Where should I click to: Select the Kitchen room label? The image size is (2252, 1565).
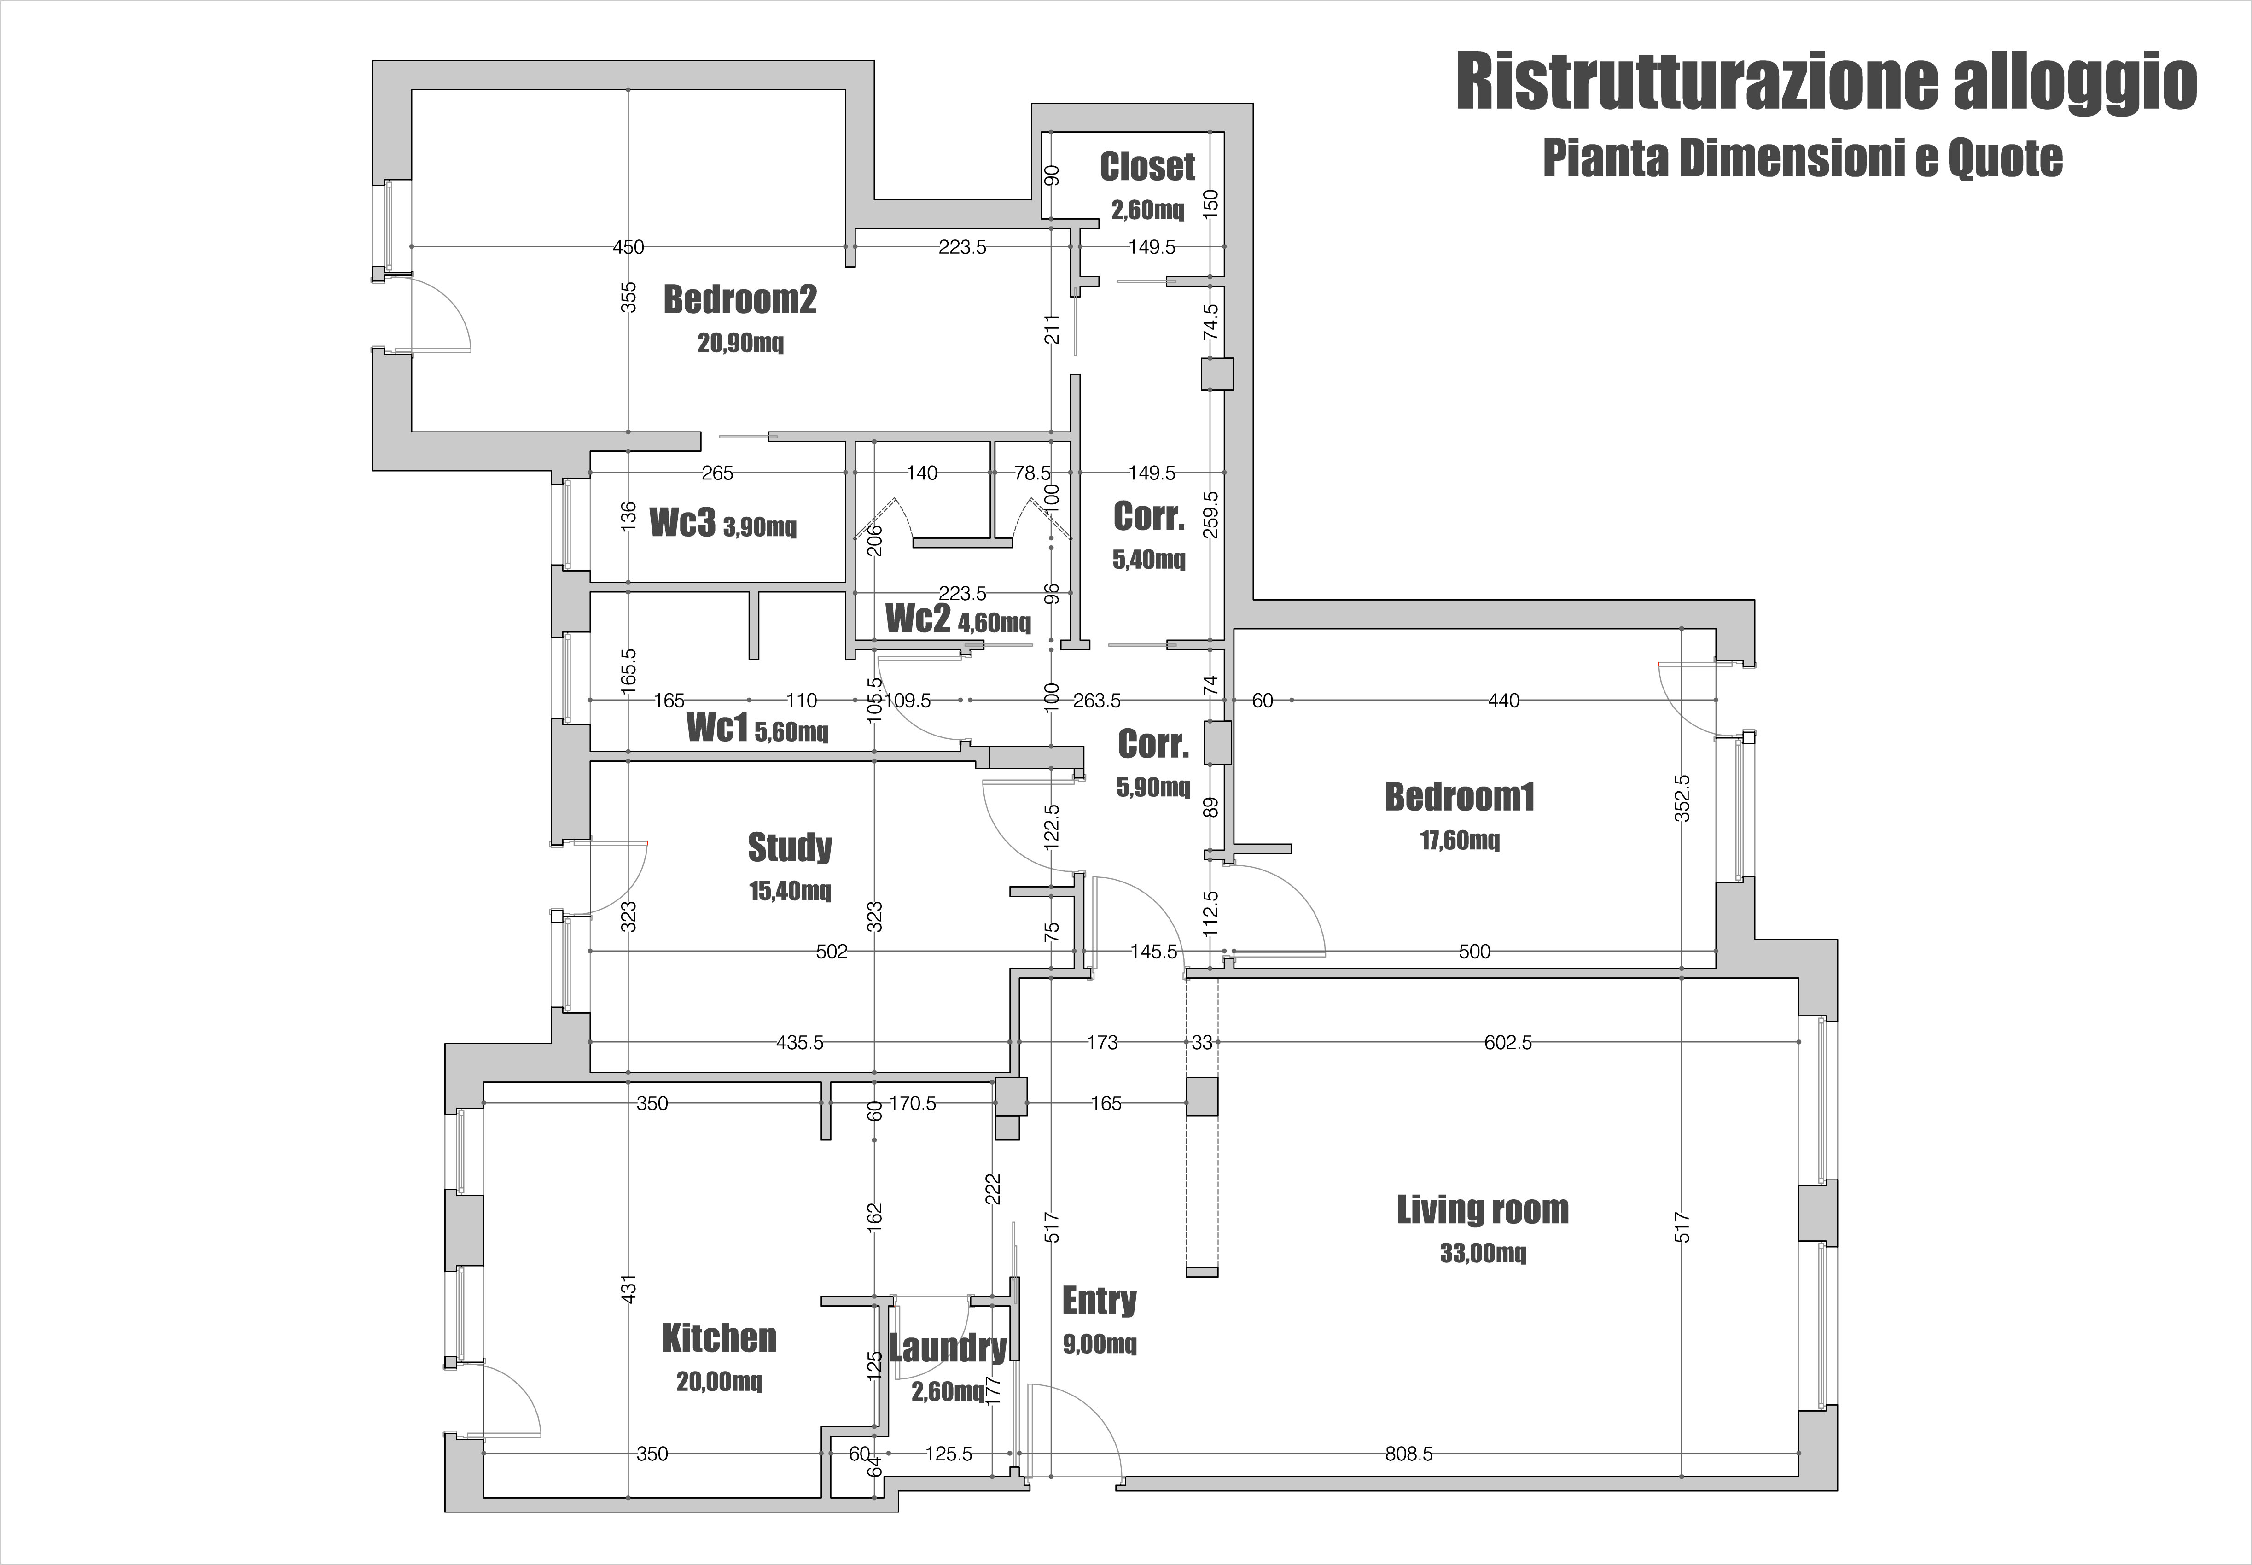pyautogui.click(x=719, y=1338)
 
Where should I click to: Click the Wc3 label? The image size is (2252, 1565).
pyautogui.click(x=682, y=523)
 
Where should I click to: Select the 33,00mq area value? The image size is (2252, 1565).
pyautogui.click(x=1483, y=1253)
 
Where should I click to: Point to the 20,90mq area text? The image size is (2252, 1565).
pyautogui.click(x=740, y=343)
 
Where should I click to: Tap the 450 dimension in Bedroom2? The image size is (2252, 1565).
pyautogui.click(x=628, y=247)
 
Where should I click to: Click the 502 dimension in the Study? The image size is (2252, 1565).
pyautogui.click(x=832, y=951)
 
